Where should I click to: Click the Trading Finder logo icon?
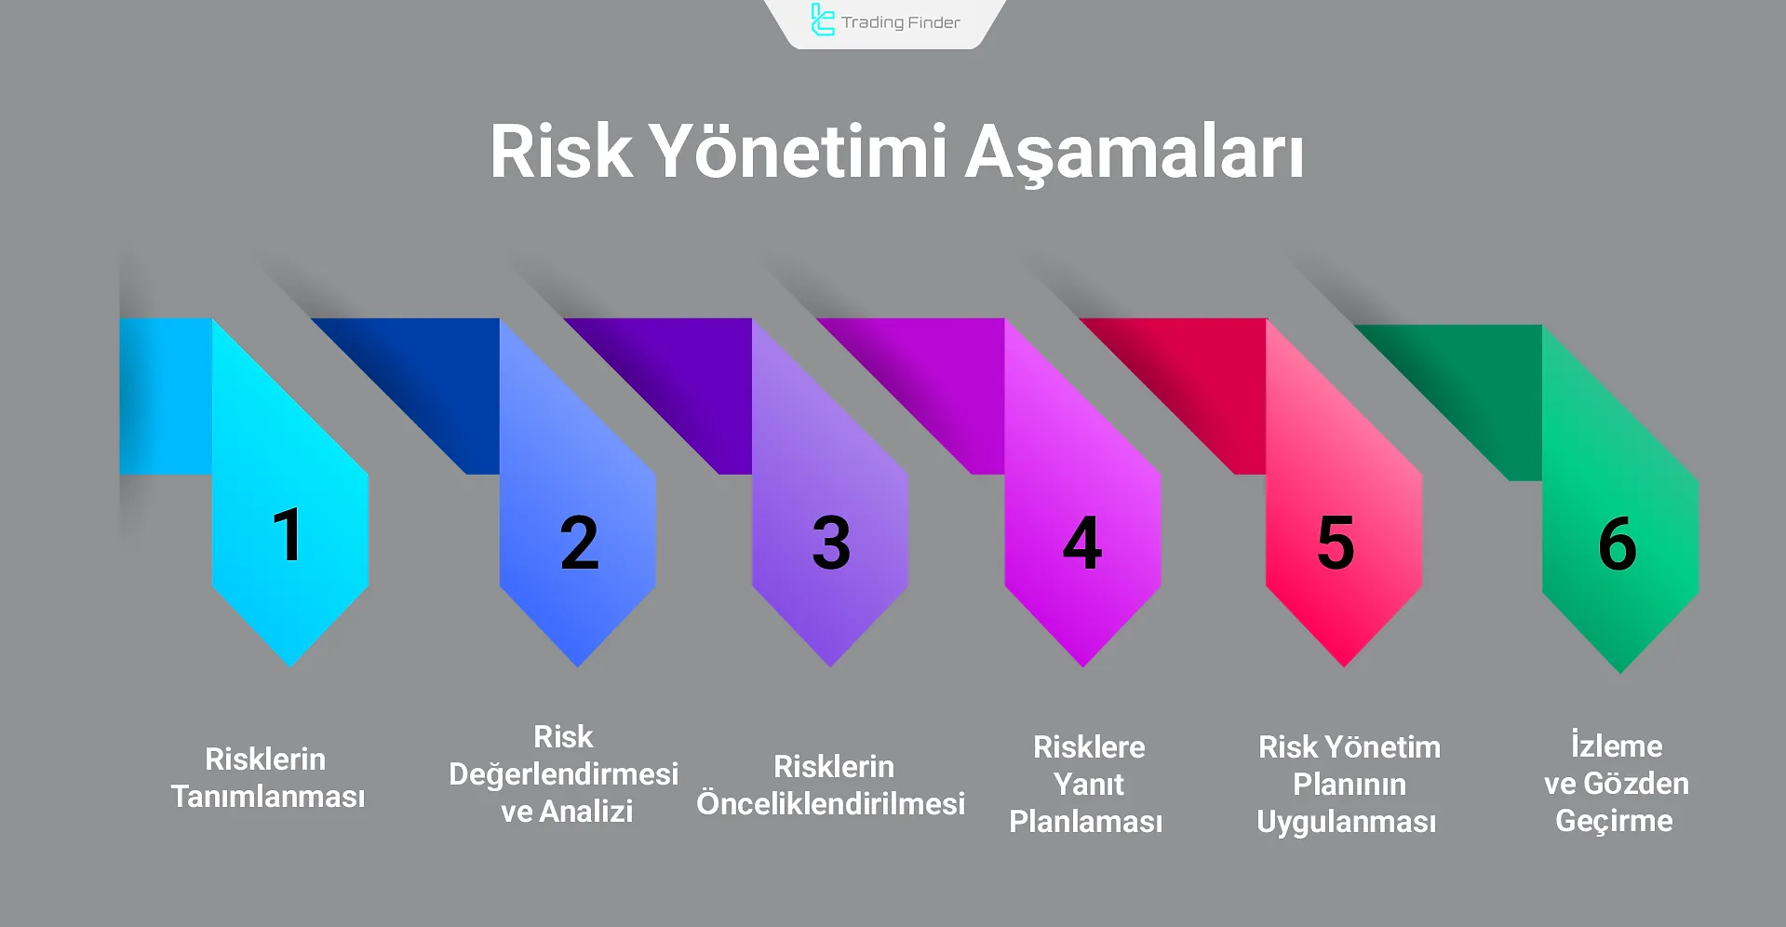point(822,20)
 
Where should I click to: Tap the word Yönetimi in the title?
point(798,151)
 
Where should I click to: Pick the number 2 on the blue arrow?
point(579,543)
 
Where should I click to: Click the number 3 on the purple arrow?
point(831,543)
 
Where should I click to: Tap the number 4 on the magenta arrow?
point(1082,543)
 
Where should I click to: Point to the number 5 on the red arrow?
point(1336,543)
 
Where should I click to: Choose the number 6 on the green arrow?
point(1618,544)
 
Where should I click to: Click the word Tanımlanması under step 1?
point(268,797)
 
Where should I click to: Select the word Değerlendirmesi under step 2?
point(563,774)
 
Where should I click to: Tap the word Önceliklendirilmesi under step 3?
point(831,804)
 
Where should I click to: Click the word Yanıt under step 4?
point(1089,785)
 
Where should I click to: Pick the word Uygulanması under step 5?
point(1347,822)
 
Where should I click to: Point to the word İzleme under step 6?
point(1617,746)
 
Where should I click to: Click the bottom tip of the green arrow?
point(1620,668)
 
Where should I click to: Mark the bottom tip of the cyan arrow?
point(290,662)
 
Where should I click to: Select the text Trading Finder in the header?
point(900,22)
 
